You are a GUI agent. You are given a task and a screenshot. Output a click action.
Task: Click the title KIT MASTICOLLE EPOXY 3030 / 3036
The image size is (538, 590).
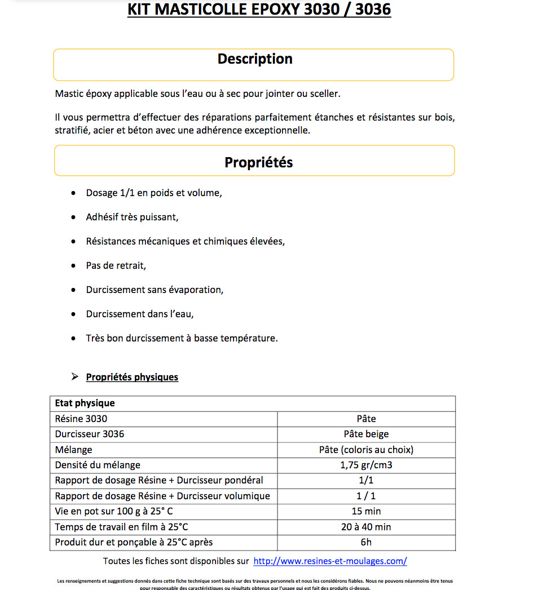(x=259, y=10)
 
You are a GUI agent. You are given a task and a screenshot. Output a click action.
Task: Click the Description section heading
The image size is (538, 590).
(x=255, y=59)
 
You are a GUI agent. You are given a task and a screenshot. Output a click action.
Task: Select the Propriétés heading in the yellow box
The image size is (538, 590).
(x=258, y=162)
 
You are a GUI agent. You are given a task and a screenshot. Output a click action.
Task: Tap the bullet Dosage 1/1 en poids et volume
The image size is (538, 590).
(x=154, y=193)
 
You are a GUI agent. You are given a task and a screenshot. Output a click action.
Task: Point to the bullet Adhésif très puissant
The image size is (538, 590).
(x=132, y=217)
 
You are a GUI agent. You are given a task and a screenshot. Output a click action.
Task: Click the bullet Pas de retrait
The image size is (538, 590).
(x=116, y=265)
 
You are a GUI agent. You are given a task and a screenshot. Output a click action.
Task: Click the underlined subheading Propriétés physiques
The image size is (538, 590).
(x=132, y=377)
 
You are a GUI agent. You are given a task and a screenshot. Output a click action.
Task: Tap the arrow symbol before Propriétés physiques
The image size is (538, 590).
(x=75, y=376)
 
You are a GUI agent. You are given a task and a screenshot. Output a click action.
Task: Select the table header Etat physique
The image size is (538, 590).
(x=85, y=403)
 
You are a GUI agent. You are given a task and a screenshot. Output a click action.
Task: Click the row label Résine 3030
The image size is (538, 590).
(x=81, y=419)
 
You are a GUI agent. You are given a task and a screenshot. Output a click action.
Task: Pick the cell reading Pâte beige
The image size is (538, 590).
(x=366, y=434)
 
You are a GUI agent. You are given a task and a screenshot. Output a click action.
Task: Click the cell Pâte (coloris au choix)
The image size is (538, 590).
(x=366, y=450)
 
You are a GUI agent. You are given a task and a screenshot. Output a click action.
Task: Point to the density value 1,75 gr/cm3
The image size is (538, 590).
(x=366, y=465)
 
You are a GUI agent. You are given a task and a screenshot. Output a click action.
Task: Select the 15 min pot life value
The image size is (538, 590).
(x=366, y=511)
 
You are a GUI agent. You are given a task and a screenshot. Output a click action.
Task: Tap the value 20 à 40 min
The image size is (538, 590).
(x=366, y=527)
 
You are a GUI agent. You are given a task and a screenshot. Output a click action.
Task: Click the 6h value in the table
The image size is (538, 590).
(x=366, y=542)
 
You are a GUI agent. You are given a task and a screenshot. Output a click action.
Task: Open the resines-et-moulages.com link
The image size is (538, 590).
(x=330, y=561)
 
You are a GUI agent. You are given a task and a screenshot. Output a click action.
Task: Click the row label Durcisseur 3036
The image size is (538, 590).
(x=90, y=434)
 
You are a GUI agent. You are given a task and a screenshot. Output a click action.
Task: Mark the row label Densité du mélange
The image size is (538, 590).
(x=98, y=465)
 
